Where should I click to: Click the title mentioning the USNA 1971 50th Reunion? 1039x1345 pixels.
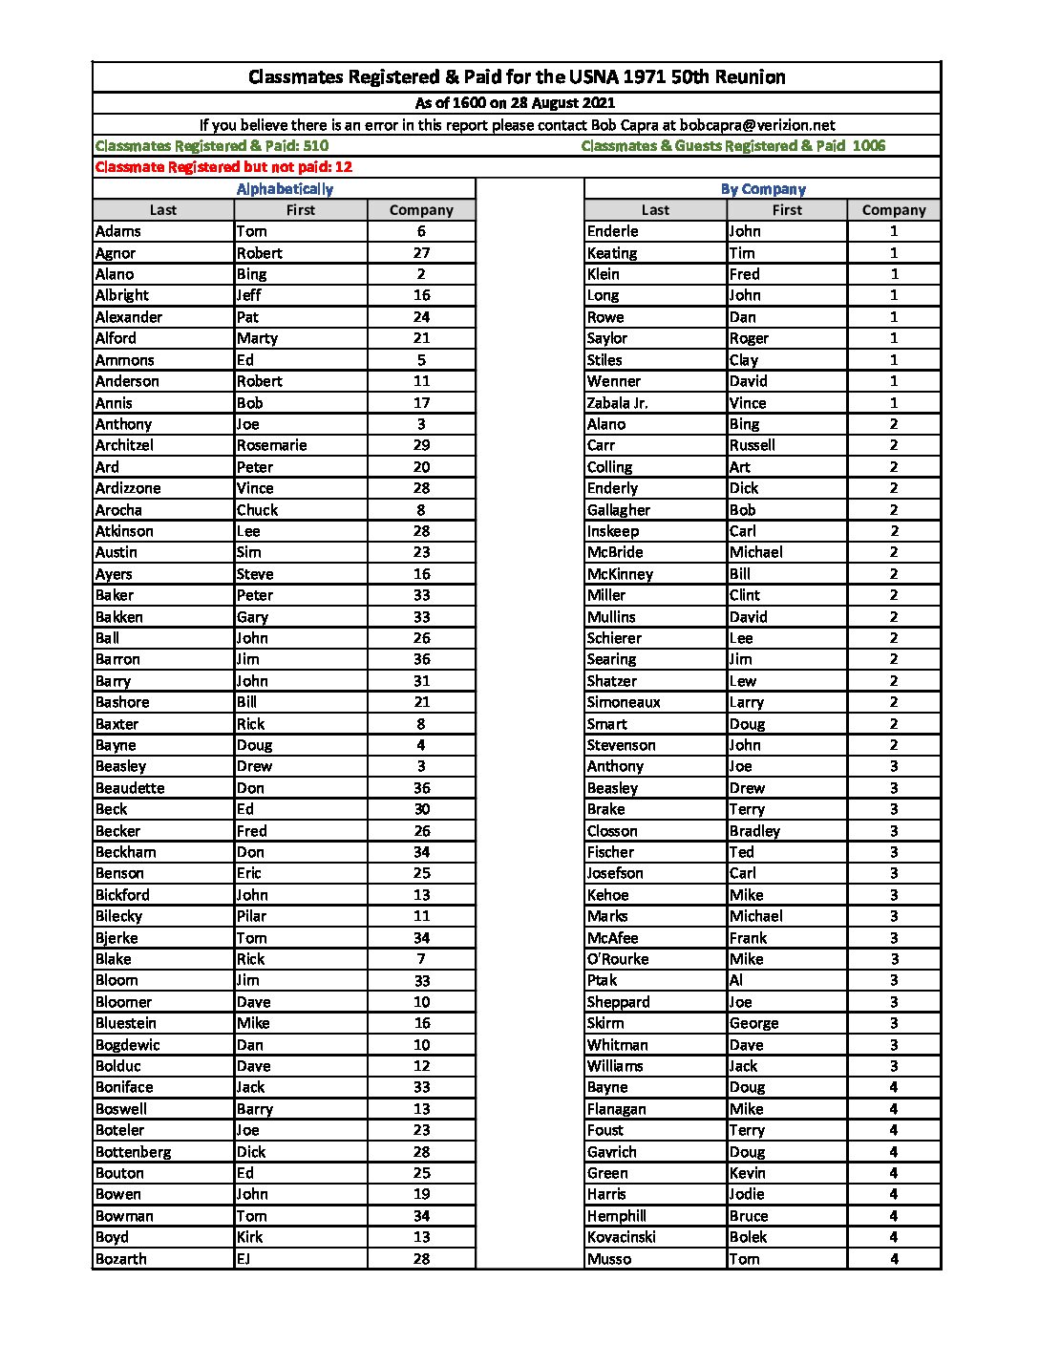tap(517, 77)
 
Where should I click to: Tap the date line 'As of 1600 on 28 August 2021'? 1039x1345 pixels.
tap(516, 103)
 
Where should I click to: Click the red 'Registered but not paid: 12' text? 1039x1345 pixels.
tap(223, 167)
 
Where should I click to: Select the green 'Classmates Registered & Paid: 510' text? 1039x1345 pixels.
tap(212, 146)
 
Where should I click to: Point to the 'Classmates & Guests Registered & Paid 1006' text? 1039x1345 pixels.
tap(732, 146)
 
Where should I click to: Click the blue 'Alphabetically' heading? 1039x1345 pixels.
tap(285, 189)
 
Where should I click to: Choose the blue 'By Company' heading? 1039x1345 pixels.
tap(763, 189)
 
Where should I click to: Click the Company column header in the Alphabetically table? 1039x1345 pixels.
tap(421, 210)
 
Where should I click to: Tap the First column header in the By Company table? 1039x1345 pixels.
tap(787, 210)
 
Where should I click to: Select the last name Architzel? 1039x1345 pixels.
tap(124, 445)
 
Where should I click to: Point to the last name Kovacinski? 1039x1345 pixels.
tap(621, 1237)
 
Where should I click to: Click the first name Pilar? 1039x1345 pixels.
tap(252, 916)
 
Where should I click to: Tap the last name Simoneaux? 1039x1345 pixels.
tap(624, 702)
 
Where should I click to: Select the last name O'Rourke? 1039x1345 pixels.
tap(618, 959)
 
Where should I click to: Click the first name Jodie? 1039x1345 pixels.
tap(747, 1194)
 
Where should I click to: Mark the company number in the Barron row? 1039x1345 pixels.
tap(421, 659)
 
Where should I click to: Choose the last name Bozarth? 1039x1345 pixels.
tap(121, 1259)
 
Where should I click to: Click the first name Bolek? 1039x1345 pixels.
tap(748, 1237)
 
